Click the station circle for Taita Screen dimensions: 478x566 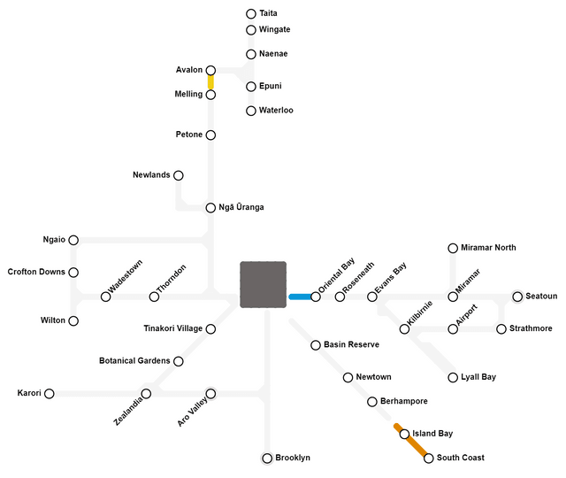click(251, 14)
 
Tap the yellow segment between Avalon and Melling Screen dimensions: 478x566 click(210, 82)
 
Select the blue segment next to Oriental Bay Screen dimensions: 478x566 click(301, 297)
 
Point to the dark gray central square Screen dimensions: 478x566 click(263, 284)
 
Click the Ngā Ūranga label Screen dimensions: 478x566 click(241, 208)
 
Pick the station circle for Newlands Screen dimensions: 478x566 click(179, 175)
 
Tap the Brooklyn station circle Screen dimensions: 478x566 click(267, 459)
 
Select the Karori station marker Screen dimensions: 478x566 click(50, 393)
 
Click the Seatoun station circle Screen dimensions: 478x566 click(517, 297)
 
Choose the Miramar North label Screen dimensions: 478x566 click(488, 248)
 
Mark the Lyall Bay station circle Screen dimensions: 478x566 click(453, 377)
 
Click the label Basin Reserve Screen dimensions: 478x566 click(351, 344)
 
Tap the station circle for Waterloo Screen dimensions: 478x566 click(251, 111)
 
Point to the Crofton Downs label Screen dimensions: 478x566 click(36, 272)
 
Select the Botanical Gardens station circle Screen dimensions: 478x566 click(179, 361)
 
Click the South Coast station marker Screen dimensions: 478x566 click(429, 459)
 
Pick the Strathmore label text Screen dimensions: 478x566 click(531, 329)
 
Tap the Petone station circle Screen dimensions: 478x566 click(210, 135)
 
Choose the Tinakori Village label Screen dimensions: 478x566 click(172, 329)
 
